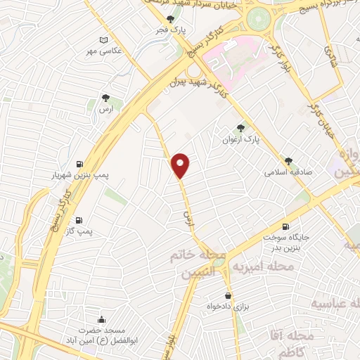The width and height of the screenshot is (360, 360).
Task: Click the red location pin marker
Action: tap(181, 165)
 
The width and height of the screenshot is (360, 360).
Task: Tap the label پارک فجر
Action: tap(171, 31)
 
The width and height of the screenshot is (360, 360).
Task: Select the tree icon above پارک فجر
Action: tap(170, 20)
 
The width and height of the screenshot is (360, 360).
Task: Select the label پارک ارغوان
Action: tap(243, 139)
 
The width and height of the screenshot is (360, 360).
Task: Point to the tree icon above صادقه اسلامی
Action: tap(288, 160)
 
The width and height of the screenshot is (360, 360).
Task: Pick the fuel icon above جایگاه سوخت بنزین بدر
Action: tap(285, 226)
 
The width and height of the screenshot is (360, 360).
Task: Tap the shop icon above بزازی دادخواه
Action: tap(228, 296)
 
